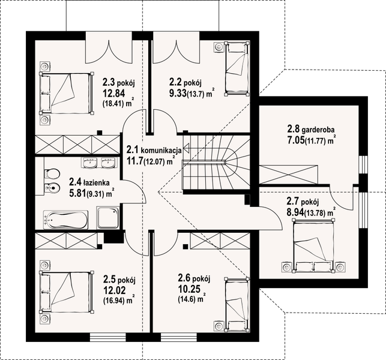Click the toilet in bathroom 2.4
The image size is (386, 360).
(52, 173)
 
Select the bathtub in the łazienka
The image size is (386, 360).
(65, 220)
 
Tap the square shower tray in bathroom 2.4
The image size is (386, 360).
(108, 218)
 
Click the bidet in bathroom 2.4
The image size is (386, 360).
(52, 189)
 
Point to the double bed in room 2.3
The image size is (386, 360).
(67, 93)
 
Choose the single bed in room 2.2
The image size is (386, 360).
(237, 68)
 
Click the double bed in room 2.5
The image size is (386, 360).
(67, 292)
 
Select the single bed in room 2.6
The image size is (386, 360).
(237, 305)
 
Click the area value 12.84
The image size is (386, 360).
(114, 94)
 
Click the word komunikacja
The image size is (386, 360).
(161, 150)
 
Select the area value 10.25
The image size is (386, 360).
(188, 289)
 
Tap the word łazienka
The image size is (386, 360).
(96, 183)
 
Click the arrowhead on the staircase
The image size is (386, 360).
(186, 148)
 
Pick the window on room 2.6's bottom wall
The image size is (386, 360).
(179, 165)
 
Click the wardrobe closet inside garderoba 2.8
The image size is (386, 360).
(289, 175)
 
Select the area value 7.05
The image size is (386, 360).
(296, 140)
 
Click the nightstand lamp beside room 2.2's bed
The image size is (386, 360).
(219, 47)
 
